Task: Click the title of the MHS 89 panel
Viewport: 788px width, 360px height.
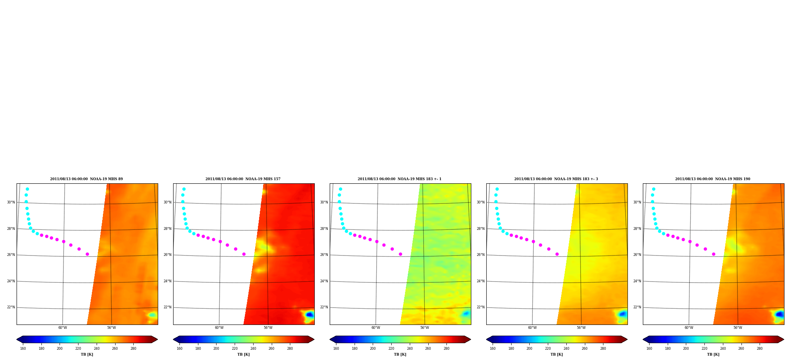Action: [86, 179]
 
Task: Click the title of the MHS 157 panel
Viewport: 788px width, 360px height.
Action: [243, 179]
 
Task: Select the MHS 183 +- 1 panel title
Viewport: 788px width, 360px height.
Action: [400, 179]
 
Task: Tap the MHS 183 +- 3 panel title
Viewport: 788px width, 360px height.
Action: [556, 179]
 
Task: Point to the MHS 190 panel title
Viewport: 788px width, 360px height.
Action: [713, 179]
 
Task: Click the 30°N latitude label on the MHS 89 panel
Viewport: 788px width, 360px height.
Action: [11, 202]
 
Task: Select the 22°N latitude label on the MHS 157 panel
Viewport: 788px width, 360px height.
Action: [167, 307]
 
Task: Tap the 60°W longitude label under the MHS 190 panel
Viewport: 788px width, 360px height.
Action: [689, 328]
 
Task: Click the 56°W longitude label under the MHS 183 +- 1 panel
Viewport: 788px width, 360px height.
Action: [425, 328]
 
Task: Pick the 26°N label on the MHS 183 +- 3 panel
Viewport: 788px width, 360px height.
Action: [480, 255]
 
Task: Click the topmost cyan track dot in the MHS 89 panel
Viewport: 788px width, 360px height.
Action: [27, 189]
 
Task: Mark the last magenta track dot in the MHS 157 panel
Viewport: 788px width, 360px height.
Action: [244, 254]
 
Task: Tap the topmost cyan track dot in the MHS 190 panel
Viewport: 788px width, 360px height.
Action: [654, 189]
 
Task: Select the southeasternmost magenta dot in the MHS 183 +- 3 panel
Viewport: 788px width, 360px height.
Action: [557, 254]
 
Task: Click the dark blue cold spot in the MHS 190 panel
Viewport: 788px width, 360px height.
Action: [779, 314]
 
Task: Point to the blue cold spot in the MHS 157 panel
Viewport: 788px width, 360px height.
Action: [310, 314]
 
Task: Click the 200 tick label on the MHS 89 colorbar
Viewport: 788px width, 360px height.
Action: [60, 349]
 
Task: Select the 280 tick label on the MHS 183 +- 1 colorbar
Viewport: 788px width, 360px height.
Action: [446, 349]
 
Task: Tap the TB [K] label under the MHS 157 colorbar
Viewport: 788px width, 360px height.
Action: [243, 354]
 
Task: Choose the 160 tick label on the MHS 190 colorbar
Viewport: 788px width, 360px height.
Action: [649, 349]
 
